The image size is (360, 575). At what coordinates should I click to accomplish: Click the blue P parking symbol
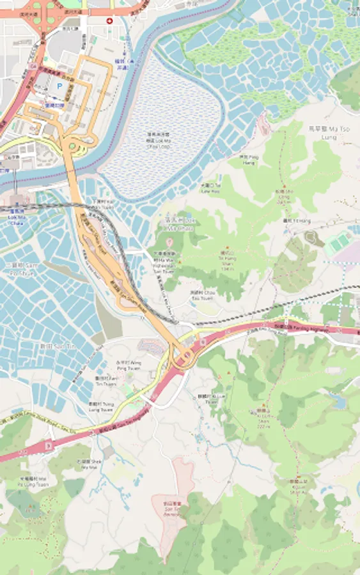pyautogui.click(x=60, y=85)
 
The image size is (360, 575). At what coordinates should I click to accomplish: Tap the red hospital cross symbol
pyautogui.click(x=109, y=21)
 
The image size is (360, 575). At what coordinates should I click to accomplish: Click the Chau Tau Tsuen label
pyautogui.click(x=201, y=295)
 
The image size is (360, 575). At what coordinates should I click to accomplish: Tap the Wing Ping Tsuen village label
pyautogui.click(x=127, y=365)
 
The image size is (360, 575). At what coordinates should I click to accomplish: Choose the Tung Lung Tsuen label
pyautogui.click(x=100, y=406)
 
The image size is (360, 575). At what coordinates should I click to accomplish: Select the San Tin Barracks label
pyautogui.click(x=171, y=508)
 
